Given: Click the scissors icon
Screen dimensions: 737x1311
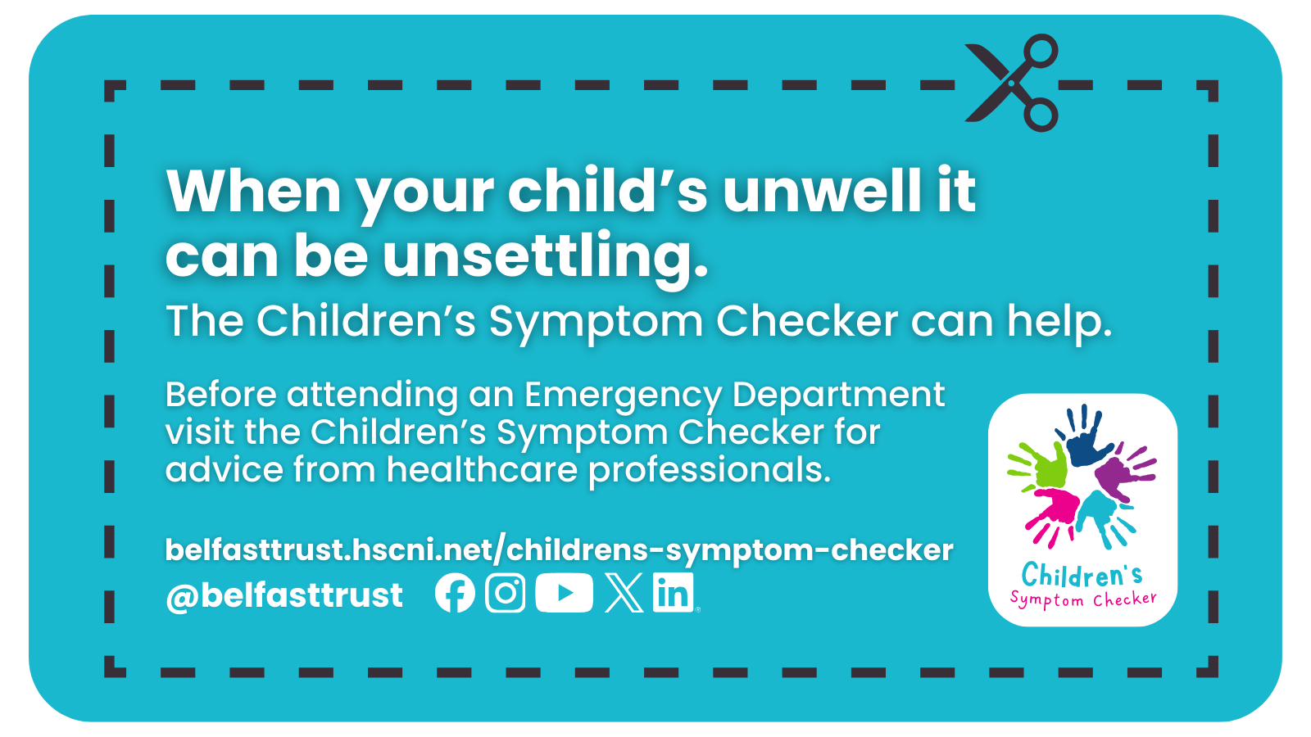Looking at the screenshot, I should [1013, 83].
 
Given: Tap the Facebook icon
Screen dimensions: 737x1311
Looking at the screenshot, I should [455, 593].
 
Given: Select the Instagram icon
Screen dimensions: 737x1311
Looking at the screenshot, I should [506, 593].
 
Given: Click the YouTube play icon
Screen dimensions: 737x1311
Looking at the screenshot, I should [564, 593].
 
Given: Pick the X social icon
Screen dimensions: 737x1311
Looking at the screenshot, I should [624, 593].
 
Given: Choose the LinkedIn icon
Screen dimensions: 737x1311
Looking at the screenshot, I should [674, 593].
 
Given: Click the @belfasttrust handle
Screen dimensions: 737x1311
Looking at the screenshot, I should [284, 595].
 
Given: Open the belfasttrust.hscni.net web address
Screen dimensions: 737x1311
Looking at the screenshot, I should [559, 549].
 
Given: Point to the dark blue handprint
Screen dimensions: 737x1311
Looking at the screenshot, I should [1086, 437].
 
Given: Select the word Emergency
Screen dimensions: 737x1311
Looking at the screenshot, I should [623, 395].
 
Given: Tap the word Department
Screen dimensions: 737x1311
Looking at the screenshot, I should [838, 395].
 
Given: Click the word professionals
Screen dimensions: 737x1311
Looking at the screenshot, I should [710, 470].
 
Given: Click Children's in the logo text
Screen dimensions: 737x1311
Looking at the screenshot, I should [1082, 575].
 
